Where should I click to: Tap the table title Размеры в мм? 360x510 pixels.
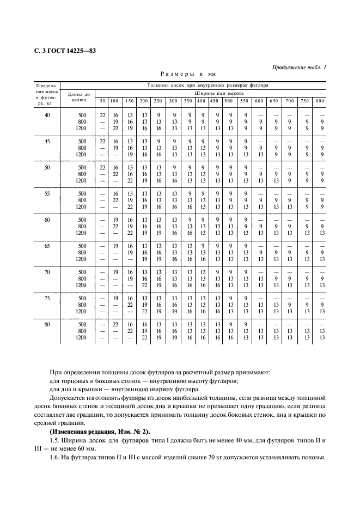[187, 73]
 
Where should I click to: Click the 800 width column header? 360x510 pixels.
[320, 101]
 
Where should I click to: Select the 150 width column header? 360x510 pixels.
[130, 101]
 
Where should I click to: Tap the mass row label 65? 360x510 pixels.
[47, 246]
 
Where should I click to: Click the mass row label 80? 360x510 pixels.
[47, 324]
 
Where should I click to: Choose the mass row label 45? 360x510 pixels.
[47, 141]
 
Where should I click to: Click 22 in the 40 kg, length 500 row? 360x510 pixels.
[102, 115]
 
